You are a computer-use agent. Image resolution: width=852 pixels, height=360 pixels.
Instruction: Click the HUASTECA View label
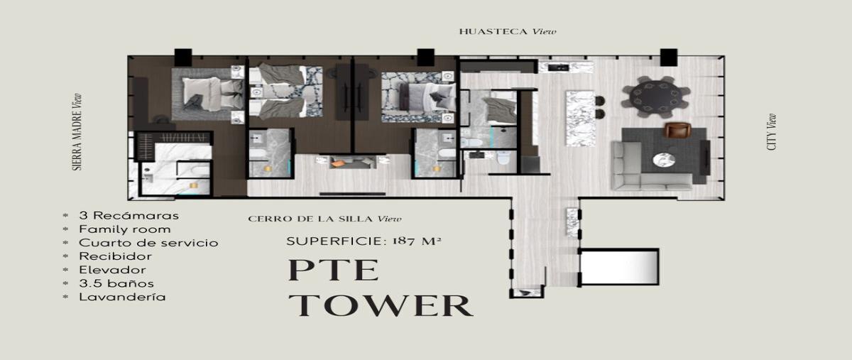[x=508, y=31]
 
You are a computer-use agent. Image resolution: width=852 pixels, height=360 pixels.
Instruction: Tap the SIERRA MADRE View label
[x=77, y=132]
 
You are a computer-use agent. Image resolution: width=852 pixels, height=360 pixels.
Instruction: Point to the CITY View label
[x=772, y=132]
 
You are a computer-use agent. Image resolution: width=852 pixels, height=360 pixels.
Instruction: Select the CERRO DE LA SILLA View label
[x=324, y=219]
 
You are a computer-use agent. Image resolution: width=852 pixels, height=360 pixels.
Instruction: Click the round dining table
[x=656, y=97]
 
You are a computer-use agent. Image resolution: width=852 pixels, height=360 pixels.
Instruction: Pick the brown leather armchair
[x=677, y=130]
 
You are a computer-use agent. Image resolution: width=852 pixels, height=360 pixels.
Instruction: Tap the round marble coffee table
[x=664, y=160]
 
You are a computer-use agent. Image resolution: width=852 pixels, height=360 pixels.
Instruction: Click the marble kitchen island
[x=581, y=119]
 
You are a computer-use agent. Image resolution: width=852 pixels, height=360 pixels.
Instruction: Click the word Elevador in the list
[x=113, y=271]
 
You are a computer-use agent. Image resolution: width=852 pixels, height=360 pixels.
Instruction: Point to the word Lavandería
[x=122, y=298]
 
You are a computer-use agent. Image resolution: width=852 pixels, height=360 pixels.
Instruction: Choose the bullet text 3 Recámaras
[x=129, y=216]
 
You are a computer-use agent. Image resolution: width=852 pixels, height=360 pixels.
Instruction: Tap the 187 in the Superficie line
[x=403, y=241]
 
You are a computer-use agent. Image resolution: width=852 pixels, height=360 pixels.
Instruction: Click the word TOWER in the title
[x=381, y=305]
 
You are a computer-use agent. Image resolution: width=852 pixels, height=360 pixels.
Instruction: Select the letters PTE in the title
[x=334, y=270]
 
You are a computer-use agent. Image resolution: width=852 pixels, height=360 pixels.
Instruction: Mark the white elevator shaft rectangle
[x=620, y=266]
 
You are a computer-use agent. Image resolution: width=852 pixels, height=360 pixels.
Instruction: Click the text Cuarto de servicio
[x=148, y=243]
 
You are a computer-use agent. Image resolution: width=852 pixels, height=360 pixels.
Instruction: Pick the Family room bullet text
[x=125, y=229]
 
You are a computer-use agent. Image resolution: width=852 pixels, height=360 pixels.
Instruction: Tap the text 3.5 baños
[x=116, y=284]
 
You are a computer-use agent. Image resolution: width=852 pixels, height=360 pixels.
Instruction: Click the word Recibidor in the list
[x=115, y=256]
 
